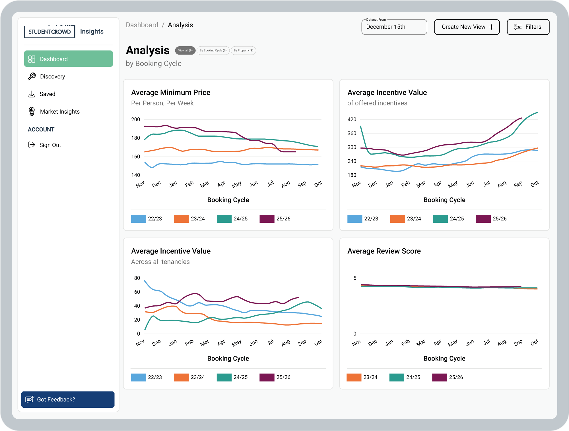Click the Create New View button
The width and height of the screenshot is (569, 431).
[467, 27]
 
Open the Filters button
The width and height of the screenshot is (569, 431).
[528, 27]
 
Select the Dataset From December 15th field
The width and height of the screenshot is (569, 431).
[394, 27]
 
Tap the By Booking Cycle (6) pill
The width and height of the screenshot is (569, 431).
[213, 51]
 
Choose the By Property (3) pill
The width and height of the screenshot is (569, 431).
[243, 51]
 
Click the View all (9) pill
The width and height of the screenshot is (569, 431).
[185, 51]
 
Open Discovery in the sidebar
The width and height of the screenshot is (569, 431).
[52, 76]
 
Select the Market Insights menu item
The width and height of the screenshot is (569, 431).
[60, 112]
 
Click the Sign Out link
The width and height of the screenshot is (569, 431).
[50, 145]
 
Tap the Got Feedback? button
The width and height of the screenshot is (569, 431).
[68, 399]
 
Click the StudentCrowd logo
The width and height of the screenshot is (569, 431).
[50, 32]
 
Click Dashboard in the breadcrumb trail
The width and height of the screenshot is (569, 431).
[142, 25]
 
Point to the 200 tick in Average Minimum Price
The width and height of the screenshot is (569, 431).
[136, 120]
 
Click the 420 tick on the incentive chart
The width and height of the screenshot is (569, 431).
[352, 120]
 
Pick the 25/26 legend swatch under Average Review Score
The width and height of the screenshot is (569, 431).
[439, 377]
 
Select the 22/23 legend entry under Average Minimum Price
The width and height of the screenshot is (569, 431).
[147, 219]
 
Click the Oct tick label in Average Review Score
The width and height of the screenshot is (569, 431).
[534, 343]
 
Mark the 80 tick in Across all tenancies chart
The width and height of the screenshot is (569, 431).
[137, 278]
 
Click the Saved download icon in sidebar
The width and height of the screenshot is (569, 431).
[32, 94]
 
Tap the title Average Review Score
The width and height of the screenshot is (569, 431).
[384, 251]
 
